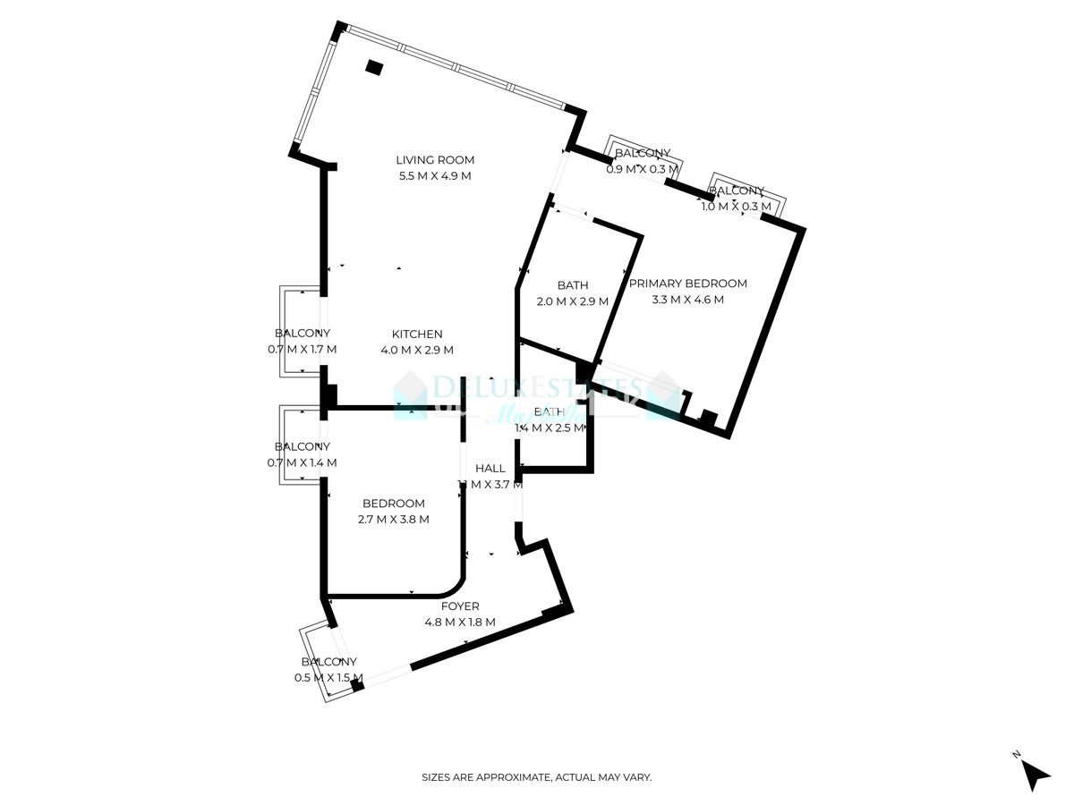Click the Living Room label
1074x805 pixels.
click(x=435, y=160)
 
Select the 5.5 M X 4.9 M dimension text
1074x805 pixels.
click(x=435, y=176)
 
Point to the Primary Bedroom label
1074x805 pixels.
click(x=687, y=284)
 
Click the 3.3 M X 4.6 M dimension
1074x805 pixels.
click(x=687, y=300)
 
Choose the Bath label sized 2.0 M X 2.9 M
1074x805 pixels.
click(x=573, y=285)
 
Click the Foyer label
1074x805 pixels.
click(x=460, y=606)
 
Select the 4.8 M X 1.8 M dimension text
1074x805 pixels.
click(x=460, y=623)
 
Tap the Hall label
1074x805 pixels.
click(x=490, y=468)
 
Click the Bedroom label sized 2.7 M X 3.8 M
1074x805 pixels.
click(x=394, y=504)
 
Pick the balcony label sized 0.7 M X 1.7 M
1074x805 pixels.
click(x=303, y=333)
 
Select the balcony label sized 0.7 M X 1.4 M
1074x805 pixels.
click(x=303, y=446)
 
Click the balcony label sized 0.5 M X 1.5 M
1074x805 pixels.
click(x=328, y=662)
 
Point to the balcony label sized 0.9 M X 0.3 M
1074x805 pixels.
click(x=643, y=154)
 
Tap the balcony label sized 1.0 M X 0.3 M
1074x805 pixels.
click(x=737, y=191)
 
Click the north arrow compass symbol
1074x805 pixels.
click(x=1036, y=774)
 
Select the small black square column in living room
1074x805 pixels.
click(x=374, y=67)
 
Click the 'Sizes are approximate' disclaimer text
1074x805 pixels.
click(x=537, y=777)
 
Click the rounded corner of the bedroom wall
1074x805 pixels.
click(x=455, y=586)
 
